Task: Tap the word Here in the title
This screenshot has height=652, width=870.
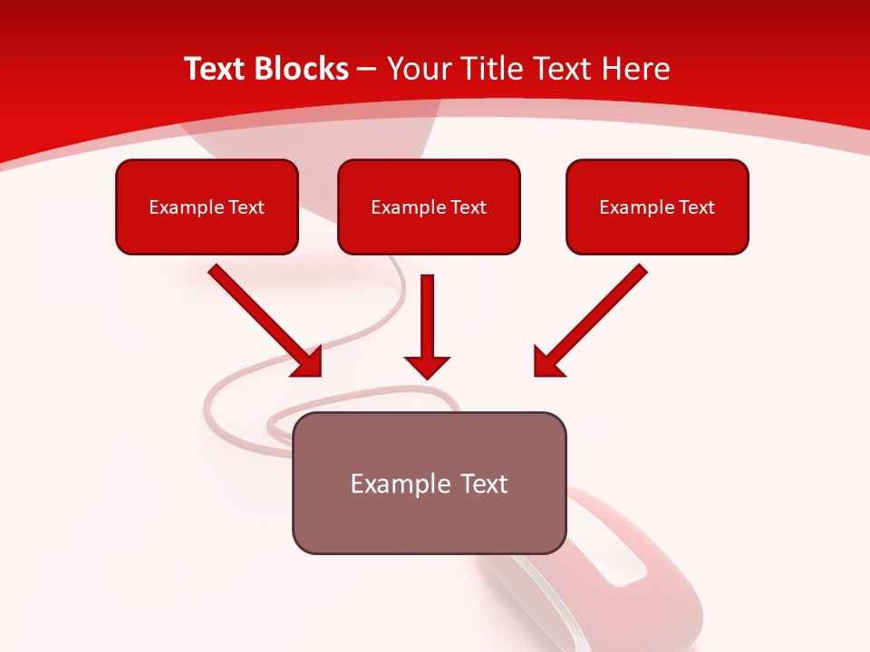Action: point(634,69)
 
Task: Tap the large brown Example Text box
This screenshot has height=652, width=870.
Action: point(429,521)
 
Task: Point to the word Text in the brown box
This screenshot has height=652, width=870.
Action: point(482,484)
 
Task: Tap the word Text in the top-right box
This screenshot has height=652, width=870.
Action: point(696,207)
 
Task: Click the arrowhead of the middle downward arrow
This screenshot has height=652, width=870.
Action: point(427,367)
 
